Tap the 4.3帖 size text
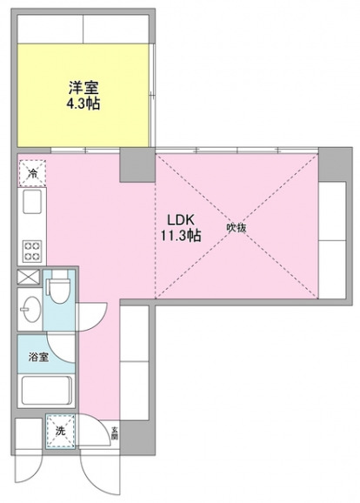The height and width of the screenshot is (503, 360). (83, 104)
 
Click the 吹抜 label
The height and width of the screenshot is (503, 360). (237, 228)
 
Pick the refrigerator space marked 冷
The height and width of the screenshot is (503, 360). (30, 173)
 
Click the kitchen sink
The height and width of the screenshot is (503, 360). (30, 207)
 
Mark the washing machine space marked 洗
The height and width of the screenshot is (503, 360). (60, 433)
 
